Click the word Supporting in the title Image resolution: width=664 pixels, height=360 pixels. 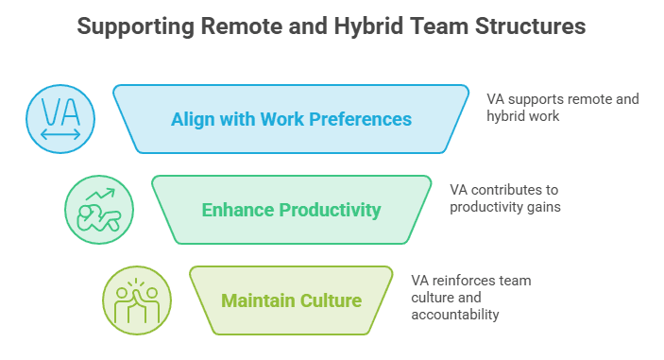point(135,27)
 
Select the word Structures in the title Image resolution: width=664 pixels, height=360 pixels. point(530,26)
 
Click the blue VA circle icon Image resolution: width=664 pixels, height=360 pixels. point(60,119)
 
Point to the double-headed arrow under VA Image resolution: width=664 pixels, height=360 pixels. point(60,135)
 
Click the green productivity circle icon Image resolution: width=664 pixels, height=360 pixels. point(99,210)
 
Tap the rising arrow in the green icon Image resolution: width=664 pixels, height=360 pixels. point(100,194)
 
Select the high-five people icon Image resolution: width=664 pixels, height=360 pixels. point(137,300)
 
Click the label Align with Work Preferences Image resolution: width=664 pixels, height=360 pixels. point(291,119)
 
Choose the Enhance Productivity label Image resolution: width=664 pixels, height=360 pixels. point(291,210)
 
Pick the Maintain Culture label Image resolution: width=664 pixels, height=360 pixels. point(291,300)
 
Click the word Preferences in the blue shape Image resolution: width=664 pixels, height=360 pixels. point(361,119)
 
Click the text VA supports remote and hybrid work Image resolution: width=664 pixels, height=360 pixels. point(563,108)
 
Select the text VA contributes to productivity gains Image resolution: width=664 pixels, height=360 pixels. point(505,198)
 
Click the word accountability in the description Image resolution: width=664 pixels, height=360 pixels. point(455,315)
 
